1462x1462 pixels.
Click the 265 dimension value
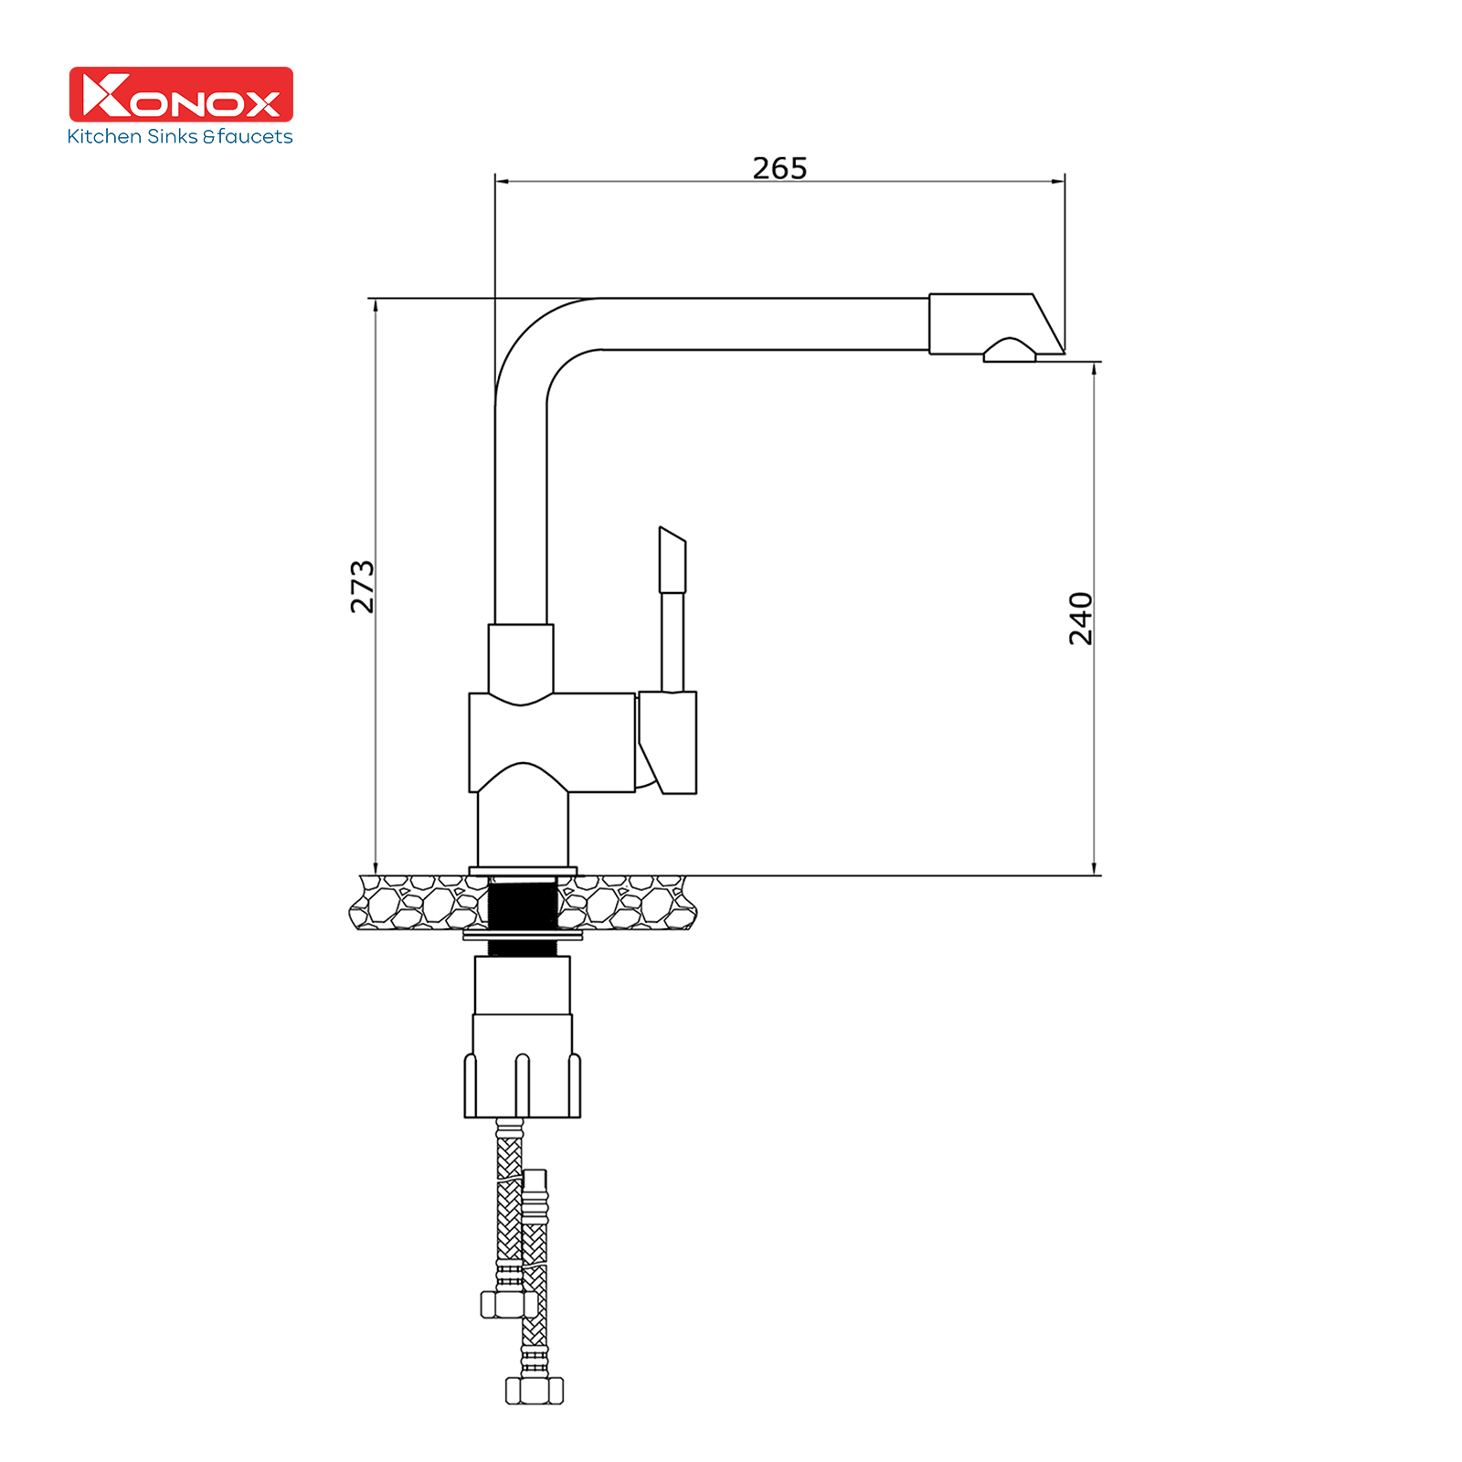[779, 168]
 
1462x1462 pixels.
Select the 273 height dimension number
[363, 587]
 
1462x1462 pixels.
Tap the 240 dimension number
[1081, 619]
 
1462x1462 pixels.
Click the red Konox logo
[181, 94]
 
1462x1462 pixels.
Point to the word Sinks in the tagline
[171, 136]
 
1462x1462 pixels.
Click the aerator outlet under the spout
[1010, 350]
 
